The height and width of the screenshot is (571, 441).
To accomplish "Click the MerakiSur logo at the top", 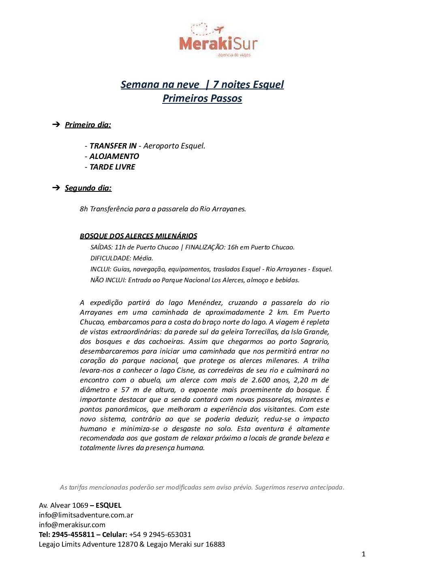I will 218,41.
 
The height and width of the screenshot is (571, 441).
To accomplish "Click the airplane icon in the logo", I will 219,29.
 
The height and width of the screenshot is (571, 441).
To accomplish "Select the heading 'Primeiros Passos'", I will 202,98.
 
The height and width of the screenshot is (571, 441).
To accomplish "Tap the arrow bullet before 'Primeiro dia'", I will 56,124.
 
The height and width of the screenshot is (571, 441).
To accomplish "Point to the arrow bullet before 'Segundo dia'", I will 56,187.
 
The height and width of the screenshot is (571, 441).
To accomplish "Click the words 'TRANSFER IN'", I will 113,146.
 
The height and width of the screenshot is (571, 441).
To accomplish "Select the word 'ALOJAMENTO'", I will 114,156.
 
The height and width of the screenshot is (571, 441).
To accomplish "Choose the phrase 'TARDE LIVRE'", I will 112,167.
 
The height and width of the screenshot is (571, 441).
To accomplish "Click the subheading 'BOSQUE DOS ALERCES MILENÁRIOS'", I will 138,236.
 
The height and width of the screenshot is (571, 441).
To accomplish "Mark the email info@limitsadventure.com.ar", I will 86,515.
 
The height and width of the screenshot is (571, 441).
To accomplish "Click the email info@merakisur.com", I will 72,525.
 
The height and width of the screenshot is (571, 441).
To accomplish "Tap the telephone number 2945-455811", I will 73,535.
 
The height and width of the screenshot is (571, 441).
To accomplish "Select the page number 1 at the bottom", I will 364,554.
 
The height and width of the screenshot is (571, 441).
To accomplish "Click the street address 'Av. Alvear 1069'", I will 64,505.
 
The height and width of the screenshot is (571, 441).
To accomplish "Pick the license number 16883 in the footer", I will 215,544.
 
